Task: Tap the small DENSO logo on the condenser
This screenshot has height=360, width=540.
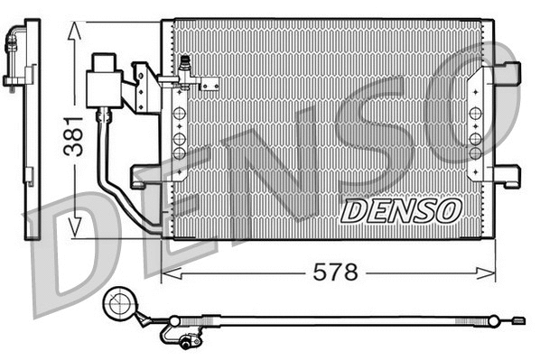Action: pyautogui.click(x=401, y=210)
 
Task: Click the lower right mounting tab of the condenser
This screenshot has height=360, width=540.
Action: pyautogui.click(x=508, y=176)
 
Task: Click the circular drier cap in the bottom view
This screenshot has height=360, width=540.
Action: pyautogui.click(x=120, y=304)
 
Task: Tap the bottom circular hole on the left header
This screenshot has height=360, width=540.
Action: pyautogui.click(x=179, y=154)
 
